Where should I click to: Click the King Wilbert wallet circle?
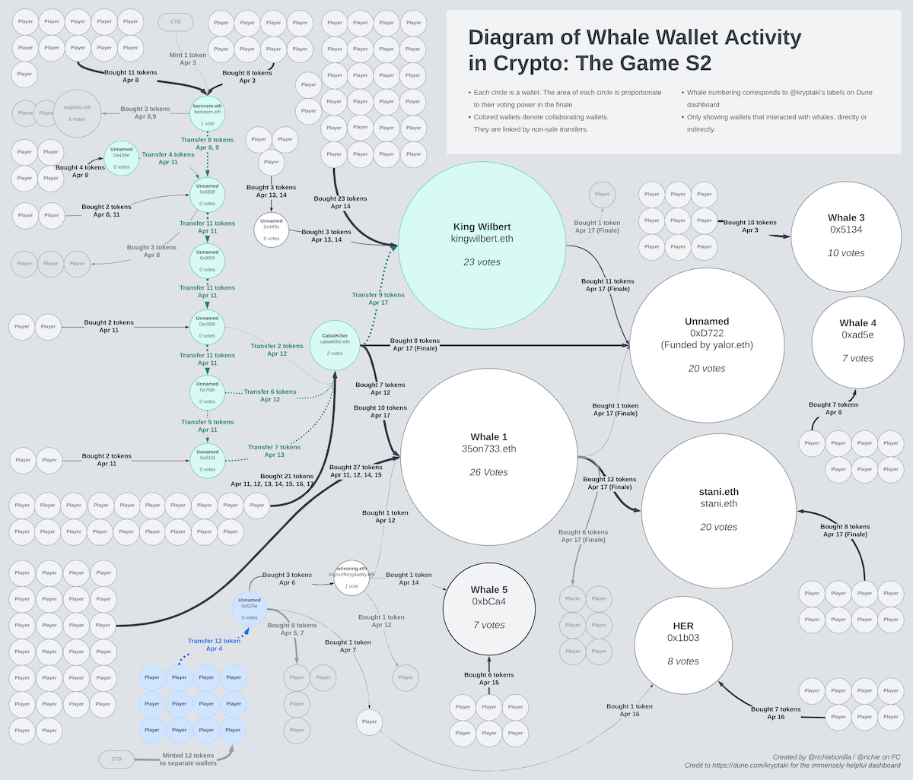[482, 243]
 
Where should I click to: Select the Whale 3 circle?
[846, 236]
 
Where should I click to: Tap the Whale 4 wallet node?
[857, 342]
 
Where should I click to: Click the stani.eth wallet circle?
[718, 509]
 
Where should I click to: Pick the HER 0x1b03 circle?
[682, 643]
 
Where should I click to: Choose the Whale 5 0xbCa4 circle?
[488, 607]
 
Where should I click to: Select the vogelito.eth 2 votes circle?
[77, 114]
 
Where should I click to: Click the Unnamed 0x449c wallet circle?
[272, 230]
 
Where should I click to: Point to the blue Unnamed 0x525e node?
[250, 608]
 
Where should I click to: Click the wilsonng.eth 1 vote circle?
[352, 578]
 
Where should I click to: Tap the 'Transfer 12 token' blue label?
[214, 641]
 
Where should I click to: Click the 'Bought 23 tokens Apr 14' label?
[340, 202]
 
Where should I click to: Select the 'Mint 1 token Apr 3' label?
[188, 59]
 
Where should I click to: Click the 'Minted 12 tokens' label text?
[188, 756]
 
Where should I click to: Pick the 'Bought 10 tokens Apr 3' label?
[749, 226]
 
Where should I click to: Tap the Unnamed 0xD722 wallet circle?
[707, 344]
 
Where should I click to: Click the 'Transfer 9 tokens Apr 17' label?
[378, 298]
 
